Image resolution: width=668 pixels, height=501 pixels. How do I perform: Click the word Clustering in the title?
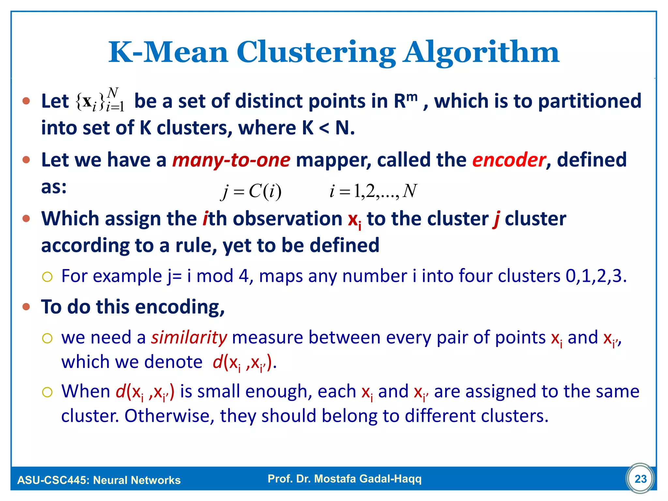[x=316, y=53]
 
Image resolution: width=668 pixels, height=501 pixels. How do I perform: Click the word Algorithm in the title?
[x=481, y=53]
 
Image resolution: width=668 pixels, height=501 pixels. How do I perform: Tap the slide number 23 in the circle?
[x=640, y=479]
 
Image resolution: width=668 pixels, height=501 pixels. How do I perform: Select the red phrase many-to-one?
[x=231, y=160]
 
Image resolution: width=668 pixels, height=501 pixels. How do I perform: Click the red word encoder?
[x=509, y=160]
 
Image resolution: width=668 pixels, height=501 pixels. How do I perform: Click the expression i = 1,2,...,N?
[x=373, y=191]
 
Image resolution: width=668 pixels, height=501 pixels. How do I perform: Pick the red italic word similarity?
[x=189, y=338]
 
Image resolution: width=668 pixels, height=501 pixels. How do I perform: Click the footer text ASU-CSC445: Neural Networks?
[x=99, y=480]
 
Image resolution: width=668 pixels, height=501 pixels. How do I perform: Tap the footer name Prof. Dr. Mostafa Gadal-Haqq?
[x=344, y=478]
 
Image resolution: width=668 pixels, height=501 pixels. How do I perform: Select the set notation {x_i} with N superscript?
[x=100, y=100]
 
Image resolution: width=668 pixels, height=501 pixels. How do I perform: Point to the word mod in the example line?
[x=215, y=276]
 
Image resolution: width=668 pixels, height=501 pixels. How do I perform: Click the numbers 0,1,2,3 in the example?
[x=596, y=276]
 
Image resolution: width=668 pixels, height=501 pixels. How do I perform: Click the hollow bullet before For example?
[x=47, y=277]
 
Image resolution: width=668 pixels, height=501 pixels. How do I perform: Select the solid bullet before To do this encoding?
[x=26, y=307]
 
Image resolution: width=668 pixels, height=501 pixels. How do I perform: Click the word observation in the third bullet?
[x=287, y=219]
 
